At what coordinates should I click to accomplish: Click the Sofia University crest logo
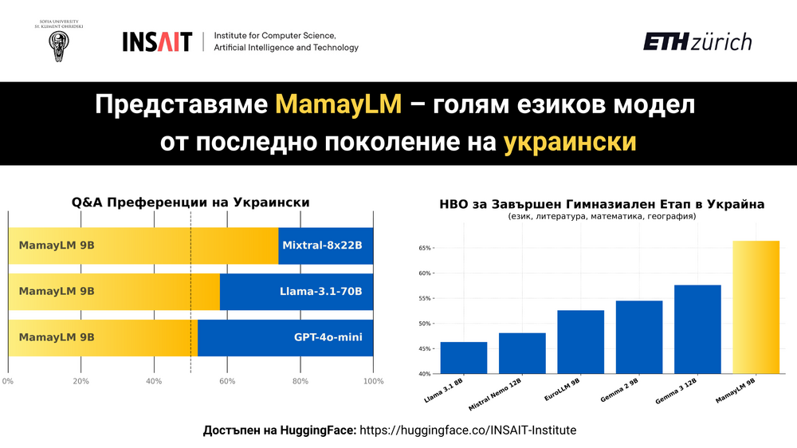click(x=59, y=45)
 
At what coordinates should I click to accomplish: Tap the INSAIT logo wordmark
click(x=157, y=41)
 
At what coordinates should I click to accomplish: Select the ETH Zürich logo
click(x=697, y=41)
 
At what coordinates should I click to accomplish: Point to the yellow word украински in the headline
click(x=570, y=142)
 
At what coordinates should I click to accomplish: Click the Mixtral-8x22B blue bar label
click(x=328, y=246)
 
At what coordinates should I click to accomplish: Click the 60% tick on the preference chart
click(x=227, y=381)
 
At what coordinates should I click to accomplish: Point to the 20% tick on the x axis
click(x=81, y=381)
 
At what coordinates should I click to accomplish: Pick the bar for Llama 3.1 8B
click(x=463, y=357)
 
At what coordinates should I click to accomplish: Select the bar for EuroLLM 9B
click(x=580, y=341)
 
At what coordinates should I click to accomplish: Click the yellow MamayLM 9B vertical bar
click(x=756, y=307)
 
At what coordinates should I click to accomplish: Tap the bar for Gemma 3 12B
click(x=697, y=328)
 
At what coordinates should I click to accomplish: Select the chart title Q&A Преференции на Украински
click(x=190, y=202)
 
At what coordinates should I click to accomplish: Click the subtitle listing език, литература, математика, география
click(x=602, y=217)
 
